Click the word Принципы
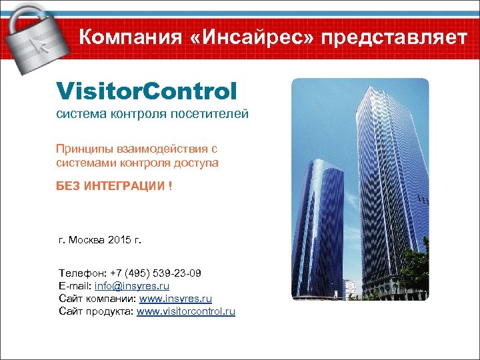[x=84, y=149]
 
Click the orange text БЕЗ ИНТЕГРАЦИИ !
[x=114, y=186]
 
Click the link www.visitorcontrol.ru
[x=186, y=311]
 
